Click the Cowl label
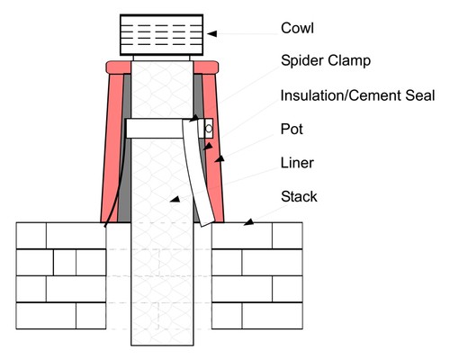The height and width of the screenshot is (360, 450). click(297, 28)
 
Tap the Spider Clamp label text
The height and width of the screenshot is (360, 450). click(326, 61)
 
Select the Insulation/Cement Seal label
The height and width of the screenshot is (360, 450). click(357, 95)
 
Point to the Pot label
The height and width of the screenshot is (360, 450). click(292, 130)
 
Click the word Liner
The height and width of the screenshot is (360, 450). click(297, 163)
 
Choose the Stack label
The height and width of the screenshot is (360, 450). click(299, 196)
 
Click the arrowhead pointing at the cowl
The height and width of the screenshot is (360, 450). click(211, 34)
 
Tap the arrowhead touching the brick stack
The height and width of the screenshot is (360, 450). click(248, 222)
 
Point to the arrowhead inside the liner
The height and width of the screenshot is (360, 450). click(175, 199)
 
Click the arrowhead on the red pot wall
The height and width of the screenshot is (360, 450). click(220, 158)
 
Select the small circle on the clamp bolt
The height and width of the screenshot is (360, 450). click(209, 129)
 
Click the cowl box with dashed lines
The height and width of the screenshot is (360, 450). click(161, 35)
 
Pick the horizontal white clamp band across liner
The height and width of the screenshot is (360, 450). click(156, 129)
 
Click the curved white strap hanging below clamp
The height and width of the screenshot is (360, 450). click(198, 173)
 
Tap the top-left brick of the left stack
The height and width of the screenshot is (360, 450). click(31, 236)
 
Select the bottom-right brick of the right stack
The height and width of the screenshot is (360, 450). click(272, 316)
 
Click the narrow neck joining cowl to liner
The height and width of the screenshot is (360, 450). click(161, 58)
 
